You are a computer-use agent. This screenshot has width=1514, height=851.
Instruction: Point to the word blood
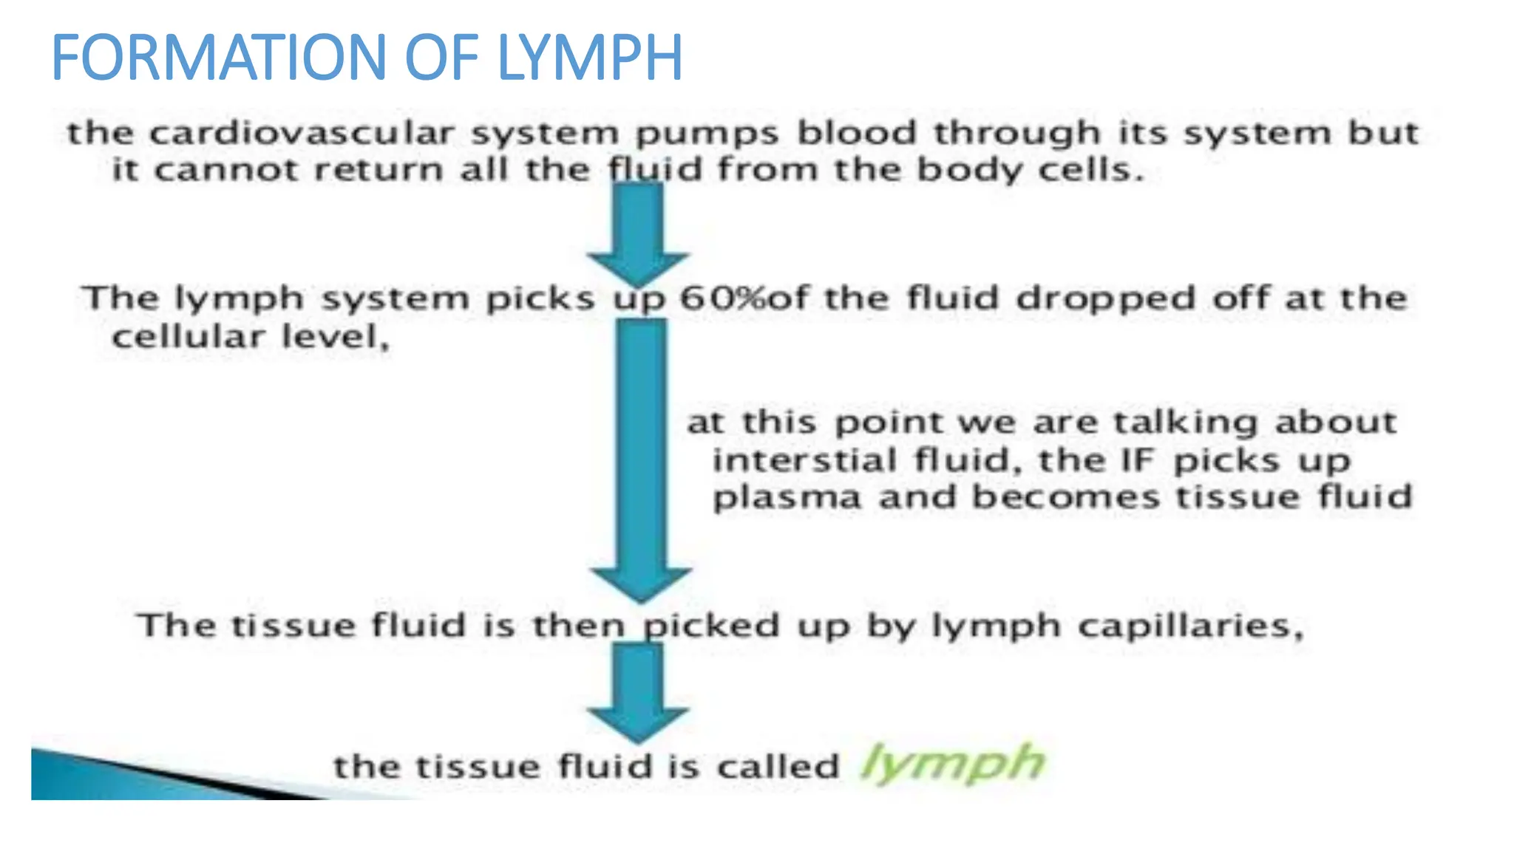[x=856, y=134]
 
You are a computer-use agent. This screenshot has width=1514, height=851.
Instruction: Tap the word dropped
[x=1105, y=300]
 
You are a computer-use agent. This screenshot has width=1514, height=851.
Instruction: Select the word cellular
[x=188, y=338]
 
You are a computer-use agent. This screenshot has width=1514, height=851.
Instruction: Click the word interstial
[x=804, y=461]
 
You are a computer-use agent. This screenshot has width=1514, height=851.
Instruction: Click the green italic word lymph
[x=953, y=763]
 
